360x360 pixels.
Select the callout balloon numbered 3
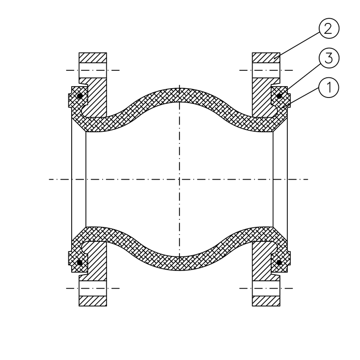tap(329, 59)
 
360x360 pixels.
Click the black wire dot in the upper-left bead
tap(80, 96)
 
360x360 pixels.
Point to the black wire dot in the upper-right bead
tap(279, 96)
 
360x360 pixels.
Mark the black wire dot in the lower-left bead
tap(80, 262)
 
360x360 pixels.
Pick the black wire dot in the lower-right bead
tap(279, 262)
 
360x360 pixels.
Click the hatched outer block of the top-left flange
tap(93, 57)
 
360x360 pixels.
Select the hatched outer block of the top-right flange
tap(266, 57)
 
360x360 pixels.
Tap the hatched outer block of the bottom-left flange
tap(93, 301)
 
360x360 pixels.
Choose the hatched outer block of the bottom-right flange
tap(266, 301)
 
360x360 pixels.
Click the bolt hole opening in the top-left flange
tap(93, 70)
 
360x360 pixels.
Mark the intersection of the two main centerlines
tap(180, 179)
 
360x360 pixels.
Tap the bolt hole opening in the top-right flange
tap(266, 70)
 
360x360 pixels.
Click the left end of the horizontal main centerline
tap(50, 179)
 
